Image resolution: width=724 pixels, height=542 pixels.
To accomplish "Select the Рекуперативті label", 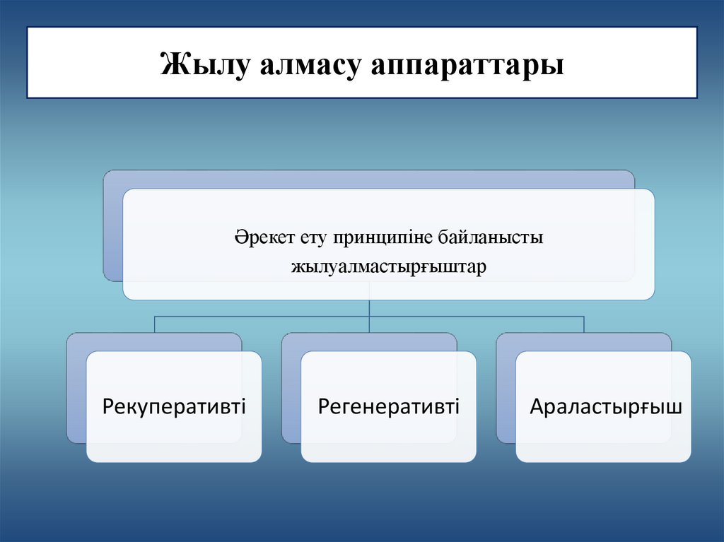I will click(174, 406).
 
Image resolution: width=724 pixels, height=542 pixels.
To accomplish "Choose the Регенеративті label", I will click(388, 406).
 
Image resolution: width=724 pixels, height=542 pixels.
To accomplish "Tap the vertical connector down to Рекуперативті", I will click(155, 324).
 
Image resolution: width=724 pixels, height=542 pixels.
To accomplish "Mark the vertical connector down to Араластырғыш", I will click(584, 324).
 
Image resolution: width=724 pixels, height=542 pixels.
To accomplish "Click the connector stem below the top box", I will click(369, 308).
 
